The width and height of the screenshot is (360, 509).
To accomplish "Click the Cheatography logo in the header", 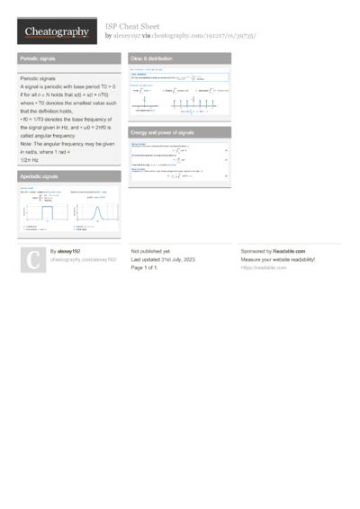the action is coord(56,31).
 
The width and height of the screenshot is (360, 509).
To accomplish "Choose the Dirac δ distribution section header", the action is coord(180,58).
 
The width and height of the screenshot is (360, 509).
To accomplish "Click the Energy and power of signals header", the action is coord(180,132).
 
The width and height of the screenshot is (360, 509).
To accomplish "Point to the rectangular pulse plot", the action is coord(44,210).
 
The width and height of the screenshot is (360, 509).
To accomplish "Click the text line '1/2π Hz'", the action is coord(29,159).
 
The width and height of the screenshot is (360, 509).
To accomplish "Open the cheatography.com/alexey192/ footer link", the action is coord(83,259).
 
